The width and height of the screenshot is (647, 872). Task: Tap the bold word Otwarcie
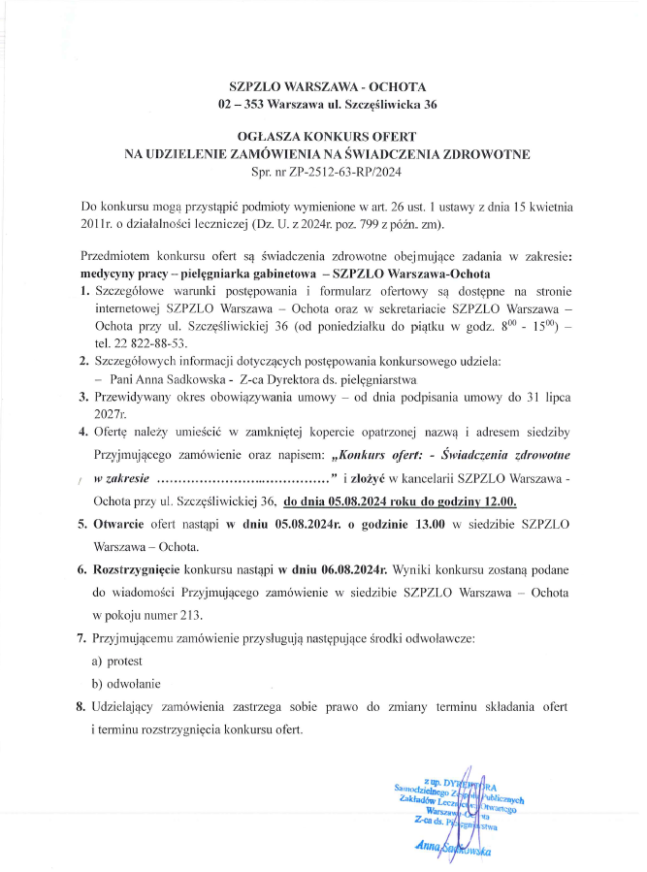(120, 525)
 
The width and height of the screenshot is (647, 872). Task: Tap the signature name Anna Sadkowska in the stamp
(452, 847)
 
